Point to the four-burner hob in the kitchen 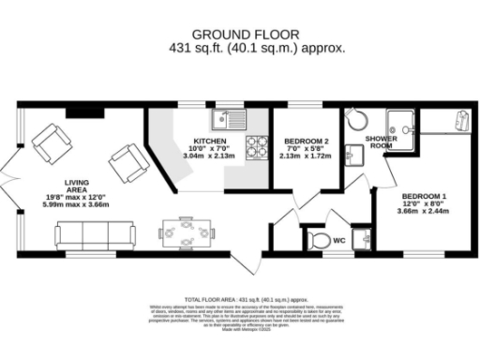(256, 147)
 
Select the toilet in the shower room (353, 119)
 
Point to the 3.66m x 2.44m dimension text (423, 212)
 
